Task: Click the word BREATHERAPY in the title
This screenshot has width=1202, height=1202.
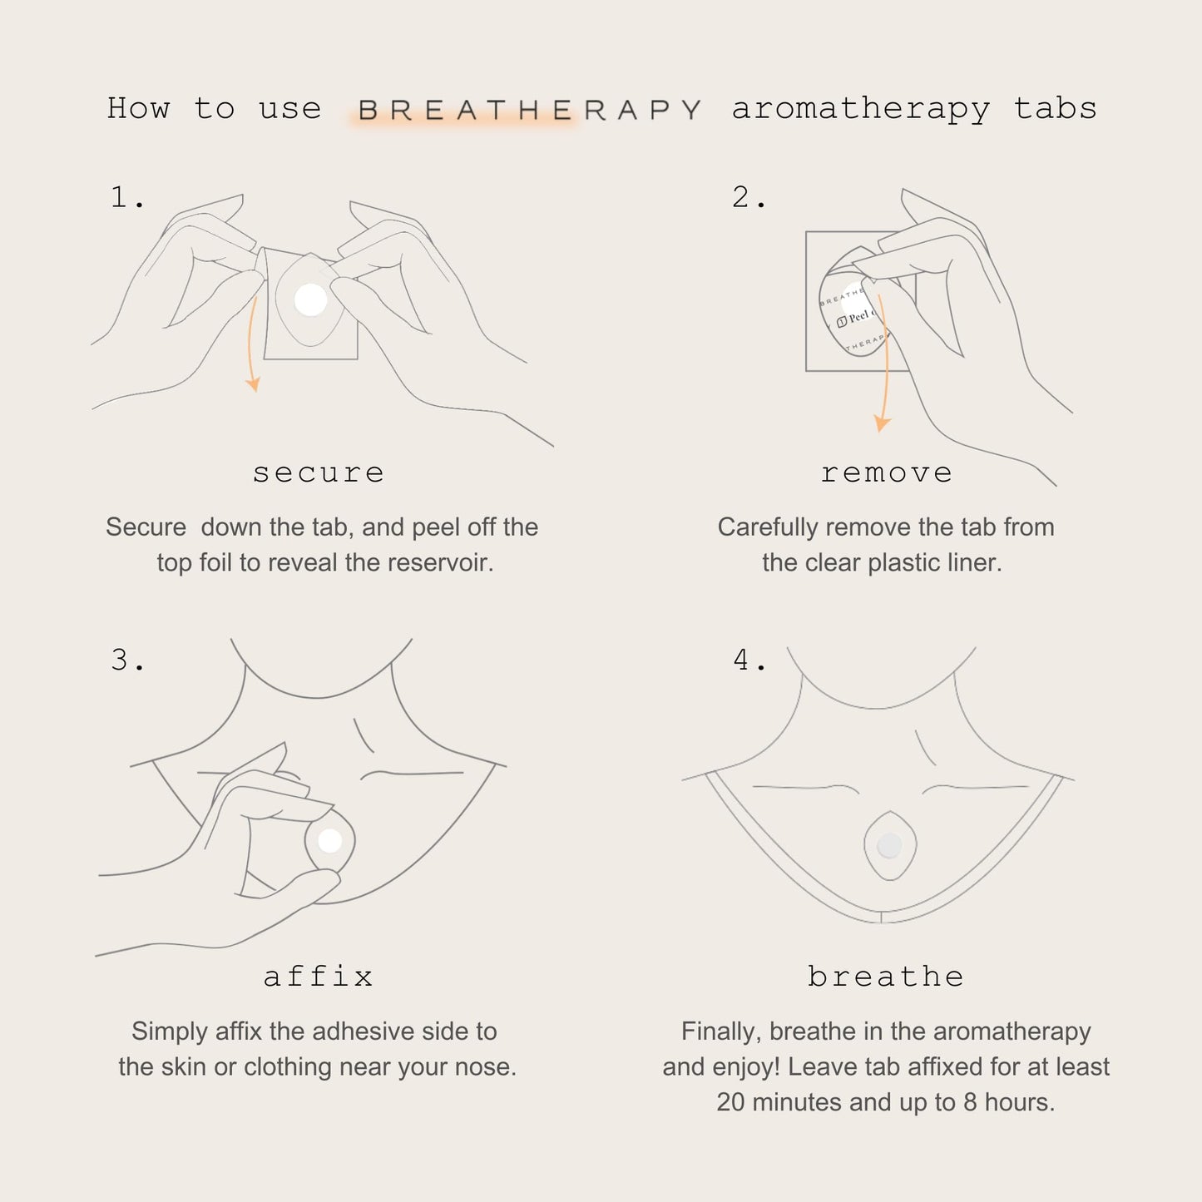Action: click(530, 111)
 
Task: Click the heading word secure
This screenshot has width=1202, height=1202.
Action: click(319, 473)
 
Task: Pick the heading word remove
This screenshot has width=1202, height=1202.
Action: click(886, 473)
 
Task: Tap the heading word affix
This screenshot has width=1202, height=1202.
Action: click(319, 977)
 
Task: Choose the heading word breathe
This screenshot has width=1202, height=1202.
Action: click(886, 977)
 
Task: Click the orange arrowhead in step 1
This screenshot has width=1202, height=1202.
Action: click(253, 384)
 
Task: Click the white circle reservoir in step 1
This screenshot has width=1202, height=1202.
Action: click(311, 299)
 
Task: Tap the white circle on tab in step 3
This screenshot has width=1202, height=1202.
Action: click(330, 841)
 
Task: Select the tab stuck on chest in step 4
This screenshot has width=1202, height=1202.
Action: click(889, 847)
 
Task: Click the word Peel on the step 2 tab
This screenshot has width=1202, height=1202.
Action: click(858, 317)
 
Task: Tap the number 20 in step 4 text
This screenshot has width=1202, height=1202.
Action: click(730, 1103)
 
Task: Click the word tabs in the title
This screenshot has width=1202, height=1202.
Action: click(1055, 109)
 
